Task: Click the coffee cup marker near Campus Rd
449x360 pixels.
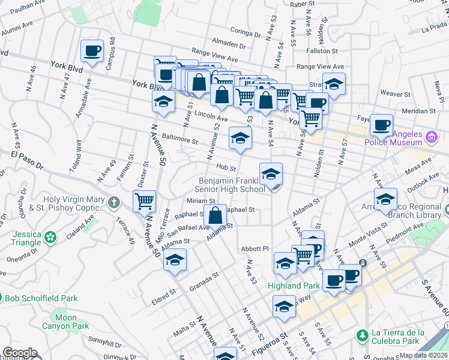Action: (92, 51)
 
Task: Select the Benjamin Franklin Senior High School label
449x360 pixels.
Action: (232, 185)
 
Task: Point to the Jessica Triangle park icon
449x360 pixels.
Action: (50, 237)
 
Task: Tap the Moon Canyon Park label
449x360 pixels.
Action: (65, 322)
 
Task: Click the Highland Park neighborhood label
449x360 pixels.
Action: (294, 286)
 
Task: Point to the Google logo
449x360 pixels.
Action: (19, 353)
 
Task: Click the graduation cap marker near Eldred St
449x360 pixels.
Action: (175, 260)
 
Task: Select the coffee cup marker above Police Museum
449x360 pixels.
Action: (381, 125)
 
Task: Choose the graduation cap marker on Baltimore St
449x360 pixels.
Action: (240, 139)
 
